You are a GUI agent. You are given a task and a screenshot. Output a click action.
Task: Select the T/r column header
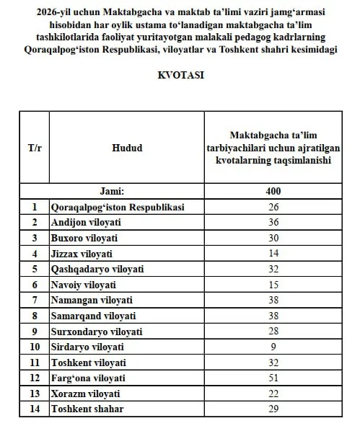(x=34, y=148)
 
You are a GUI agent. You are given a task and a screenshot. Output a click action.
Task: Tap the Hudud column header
(x=127, y=148)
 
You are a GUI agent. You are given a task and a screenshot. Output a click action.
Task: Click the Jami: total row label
(x=127, y=191)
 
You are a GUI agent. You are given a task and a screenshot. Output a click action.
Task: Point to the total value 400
(x=272, y=191)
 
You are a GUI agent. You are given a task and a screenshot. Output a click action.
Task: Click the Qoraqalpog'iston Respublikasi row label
(x=118, y=207)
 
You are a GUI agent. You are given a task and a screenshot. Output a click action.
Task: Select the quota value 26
(x=272, y=207)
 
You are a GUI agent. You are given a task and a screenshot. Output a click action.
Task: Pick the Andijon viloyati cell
(x=85, y=222)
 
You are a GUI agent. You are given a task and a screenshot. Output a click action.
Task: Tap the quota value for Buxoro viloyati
(x=272, y=238)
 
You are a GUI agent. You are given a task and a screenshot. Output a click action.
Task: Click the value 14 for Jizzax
(x=272, y=253)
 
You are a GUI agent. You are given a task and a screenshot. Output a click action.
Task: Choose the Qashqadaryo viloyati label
(x=97, y=269)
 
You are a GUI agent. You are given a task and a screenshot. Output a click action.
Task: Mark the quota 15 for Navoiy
(x=272, y=284)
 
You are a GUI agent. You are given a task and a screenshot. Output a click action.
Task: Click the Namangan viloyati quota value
(x=272, y=300)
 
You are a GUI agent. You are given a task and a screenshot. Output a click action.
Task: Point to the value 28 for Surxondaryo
(x=272, y=331)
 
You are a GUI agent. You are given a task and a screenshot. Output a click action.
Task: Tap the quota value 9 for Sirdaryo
(x=272, y=347)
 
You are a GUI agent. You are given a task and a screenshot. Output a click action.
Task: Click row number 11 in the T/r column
(x=34, y=363)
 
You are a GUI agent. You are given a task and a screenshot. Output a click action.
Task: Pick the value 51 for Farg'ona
(x=272, y=378)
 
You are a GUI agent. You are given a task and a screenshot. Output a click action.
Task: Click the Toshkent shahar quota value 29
(x=272, y=409)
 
